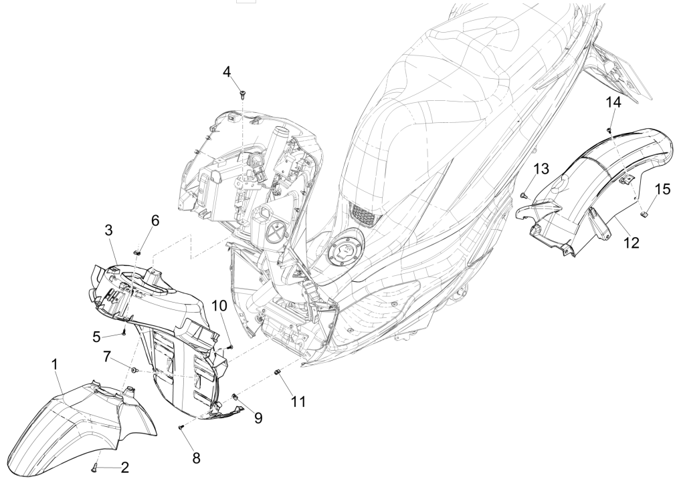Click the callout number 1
(x=54, y=364)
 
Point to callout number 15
(x=662, y=189)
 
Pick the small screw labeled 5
(x=124, y=332)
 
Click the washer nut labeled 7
(x=135, y=370)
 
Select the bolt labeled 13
(x=522, y=194)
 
